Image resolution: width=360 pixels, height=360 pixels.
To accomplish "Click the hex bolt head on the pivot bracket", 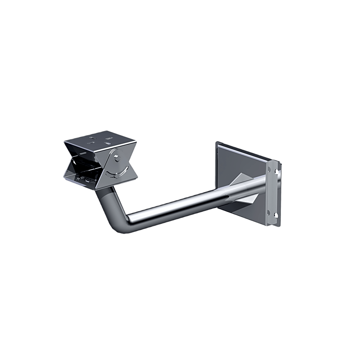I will (116, 157).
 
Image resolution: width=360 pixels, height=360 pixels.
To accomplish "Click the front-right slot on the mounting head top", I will (108, 143).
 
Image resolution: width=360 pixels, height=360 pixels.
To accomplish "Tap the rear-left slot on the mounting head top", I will (92, 138).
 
